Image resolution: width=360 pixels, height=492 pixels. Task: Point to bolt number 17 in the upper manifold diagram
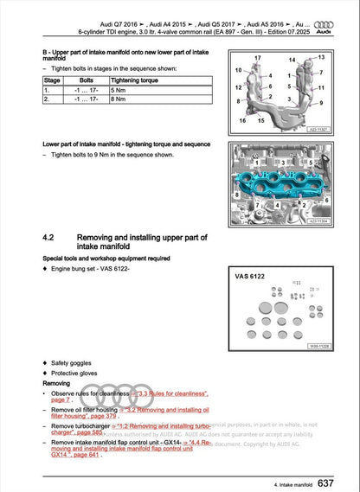click(x=257, y=58)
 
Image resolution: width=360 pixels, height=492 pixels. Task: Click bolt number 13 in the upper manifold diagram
click(x=321, y=57)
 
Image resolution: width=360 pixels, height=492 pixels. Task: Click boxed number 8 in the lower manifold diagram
click(x=239, y=197)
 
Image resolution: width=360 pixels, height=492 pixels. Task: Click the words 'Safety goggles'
click(x=72, y=361)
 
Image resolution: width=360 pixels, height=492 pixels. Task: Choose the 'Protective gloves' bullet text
click(x=76, y=372)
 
